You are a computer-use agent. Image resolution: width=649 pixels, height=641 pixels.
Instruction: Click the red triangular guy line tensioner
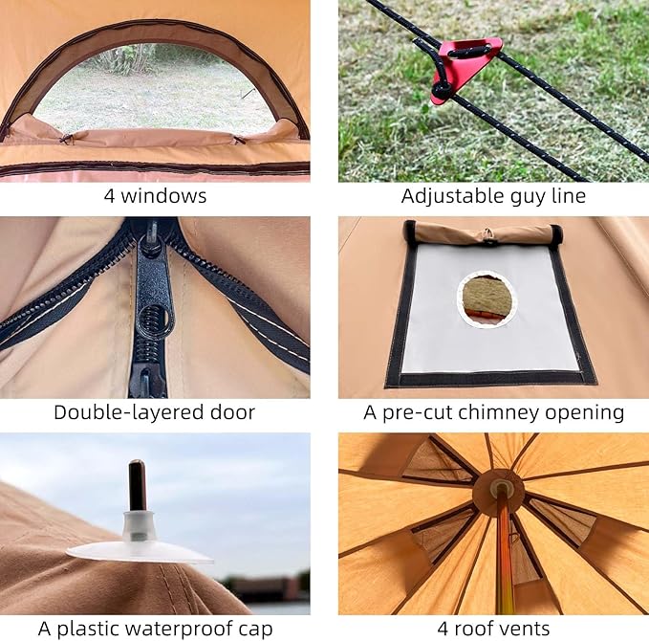465,69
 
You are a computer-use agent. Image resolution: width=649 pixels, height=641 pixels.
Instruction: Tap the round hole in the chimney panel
487,299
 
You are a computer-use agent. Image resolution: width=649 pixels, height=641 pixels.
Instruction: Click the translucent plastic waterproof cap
140,540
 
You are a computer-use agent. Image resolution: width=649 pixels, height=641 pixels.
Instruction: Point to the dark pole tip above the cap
137,486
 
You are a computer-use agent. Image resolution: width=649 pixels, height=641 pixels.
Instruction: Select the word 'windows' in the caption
163,195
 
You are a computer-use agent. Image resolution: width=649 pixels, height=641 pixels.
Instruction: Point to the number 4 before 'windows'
109,196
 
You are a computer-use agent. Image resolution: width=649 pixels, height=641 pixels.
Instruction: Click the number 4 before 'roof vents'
443,629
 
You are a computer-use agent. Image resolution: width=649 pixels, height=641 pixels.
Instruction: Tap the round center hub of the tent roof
499,492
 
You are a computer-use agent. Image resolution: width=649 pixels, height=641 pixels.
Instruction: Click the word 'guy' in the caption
528,197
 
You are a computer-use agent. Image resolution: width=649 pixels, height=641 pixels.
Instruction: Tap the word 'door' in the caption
232,413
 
